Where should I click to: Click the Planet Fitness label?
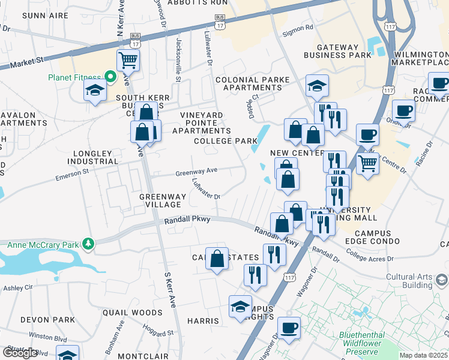(x=74, y=76)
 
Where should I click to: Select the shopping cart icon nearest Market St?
(x=128, y=59)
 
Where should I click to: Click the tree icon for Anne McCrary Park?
(x=89, y=244)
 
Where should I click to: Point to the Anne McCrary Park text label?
(x=45, y=244)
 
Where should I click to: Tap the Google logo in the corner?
(x=20, y=352)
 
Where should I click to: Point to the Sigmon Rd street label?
(x=301, y=27)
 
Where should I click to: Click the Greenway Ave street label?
(x=196, y=172)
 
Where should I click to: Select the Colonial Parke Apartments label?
(x=252, y=83)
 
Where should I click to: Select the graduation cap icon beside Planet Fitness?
(x=95, y=91)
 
